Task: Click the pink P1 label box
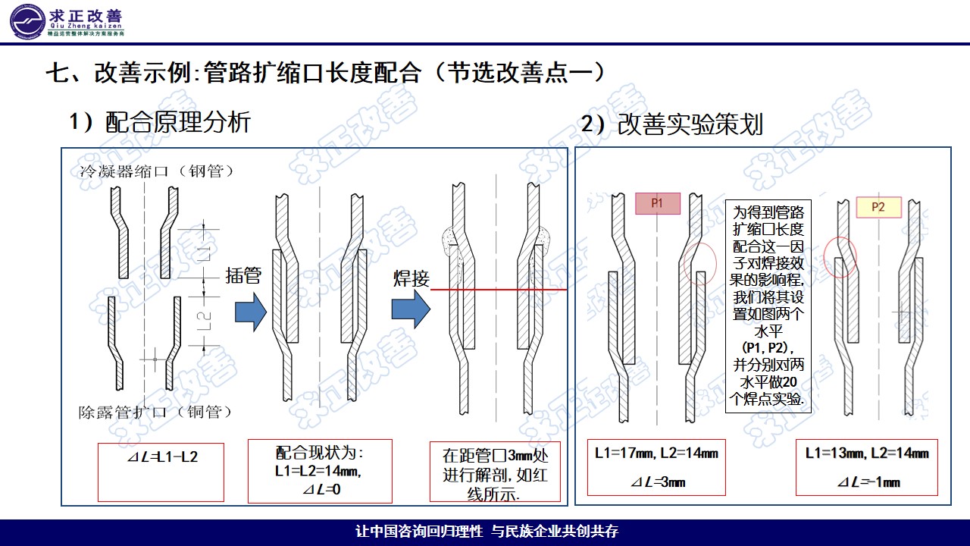point(657,203)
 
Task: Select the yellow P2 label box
point(878,207)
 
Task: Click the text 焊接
point(411,278)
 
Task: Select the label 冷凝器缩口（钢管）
point(157,171)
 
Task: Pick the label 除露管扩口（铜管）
point(155,413)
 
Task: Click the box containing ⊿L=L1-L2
point(161,472)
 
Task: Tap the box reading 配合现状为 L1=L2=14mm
point(320,470)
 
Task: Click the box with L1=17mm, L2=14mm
point(657,467)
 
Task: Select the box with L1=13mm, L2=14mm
point(867,467)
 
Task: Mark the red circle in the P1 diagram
point(699,264)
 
